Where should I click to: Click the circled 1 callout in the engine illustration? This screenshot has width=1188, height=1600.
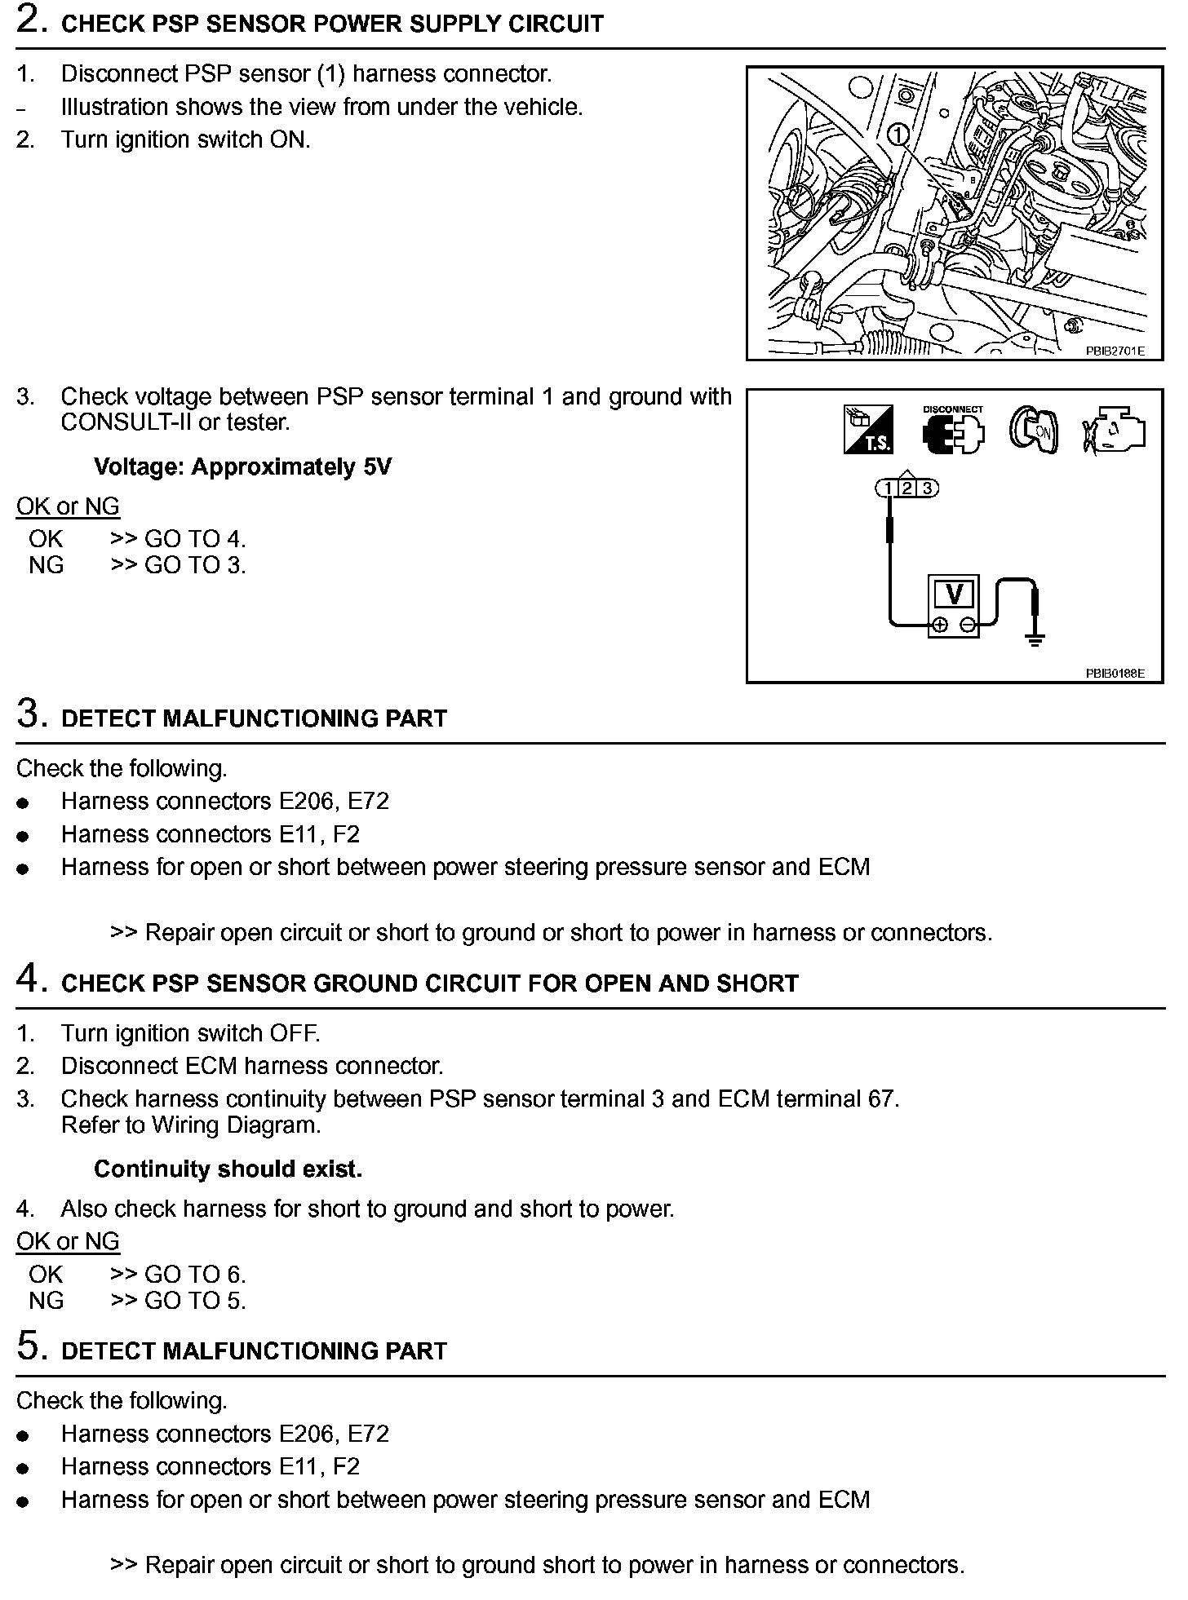pos(898,135)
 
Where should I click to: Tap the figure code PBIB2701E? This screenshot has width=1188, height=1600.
pos(1115,351)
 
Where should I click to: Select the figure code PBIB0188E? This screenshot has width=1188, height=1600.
pos(1115,674)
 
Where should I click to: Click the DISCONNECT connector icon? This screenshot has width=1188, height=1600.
pos(953,431)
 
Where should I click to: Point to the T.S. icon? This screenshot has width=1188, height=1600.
pos(868,430)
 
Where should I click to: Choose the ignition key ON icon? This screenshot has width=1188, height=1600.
pos(1034,430)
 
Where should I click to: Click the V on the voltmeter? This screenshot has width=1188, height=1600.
pos(954,594)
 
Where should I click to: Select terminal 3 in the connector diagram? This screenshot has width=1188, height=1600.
pos(927,488)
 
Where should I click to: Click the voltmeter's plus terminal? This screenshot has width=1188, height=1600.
pos(940,625)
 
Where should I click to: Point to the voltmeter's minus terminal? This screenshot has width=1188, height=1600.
pos(968,625)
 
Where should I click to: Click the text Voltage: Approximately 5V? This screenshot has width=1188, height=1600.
pos(242,467)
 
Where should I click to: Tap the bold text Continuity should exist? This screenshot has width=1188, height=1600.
pos(228,1169)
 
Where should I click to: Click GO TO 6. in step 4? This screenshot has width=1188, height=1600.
pos(194,1275)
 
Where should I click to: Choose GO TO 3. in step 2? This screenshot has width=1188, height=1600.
pos(194,565)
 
